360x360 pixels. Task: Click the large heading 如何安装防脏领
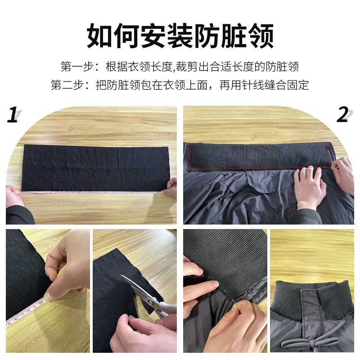[x=180, y=36]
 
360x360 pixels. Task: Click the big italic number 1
[x=12, y=116]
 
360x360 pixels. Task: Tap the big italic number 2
[x=343, y=116]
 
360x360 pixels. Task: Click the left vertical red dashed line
[x=189, y=157]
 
